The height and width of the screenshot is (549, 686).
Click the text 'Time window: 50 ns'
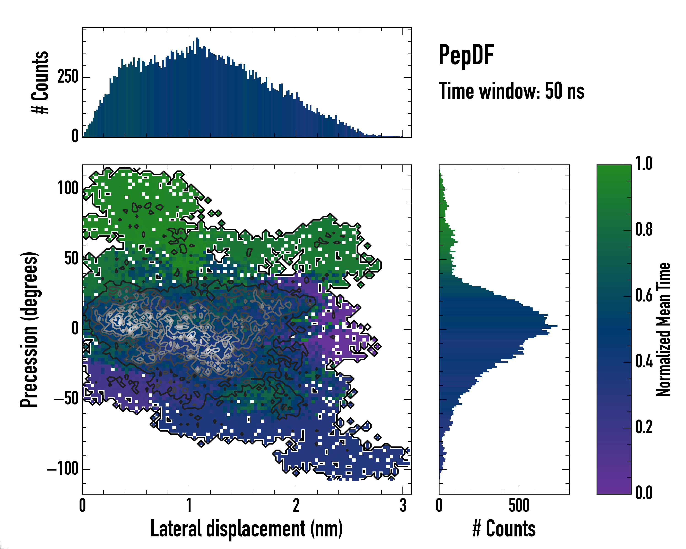pos(511,91)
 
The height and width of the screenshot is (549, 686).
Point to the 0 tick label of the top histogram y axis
pos(75,136)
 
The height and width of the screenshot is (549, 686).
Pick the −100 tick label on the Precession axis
pos(62,469)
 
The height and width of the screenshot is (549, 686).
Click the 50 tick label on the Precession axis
pos(71,258)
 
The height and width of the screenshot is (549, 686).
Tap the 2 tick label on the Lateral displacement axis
pos(296,505)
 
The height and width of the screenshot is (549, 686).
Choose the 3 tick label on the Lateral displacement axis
pos(403,505)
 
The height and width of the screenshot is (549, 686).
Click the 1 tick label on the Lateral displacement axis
pos(189,505)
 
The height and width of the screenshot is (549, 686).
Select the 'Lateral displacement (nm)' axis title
pos(247,529)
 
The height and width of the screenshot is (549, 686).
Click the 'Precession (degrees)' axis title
pos(29,329)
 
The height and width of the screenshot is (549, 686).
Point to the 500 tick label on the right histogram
pos(519,505)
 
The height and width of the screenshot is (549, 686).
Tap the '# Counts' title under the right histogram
pos(504,529)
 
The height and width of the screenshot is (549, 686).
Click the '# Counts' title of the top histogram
pos(40,82)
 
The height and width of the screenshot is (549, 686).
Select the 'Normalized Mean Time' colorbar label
pos(663,329)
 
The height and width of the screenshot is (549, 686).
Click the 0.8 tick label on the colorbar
pos(644,229)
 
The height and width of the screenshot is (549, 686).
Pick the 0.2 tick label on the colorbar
pos(644,427)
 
